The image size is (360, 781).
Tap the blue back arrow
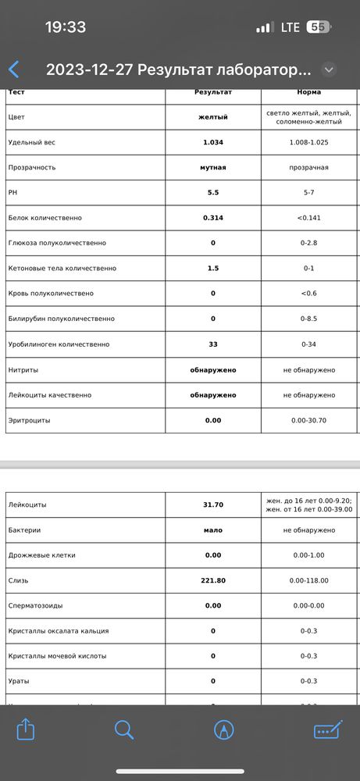[x=14, y=70]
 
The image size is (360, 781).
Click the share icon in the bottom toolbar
[x=26, y=729]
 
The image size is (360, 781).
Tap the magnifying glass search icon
[x=124, y=729]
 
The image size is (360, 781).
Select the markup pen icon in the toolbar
[x=225, y=729]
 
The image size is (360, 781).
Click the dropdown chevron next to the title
[x=329, y=70]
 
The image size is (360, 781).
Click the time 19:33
[x=66, y=27]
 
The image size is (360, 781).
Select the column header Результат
[x=213, y=92]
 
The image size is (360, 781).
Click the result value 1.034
[x=213, y=143]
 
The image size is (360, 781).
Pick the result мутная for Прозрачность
[x=213, y=168]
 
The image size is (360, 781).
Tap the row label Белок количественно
[x=45, y=218]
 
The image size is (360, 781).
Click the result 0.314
[x=213, y=218]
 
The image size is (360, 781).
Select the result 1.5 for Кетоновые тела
[x=213, y=269]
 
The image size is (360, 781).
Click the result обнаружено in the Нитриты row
[x=213, y=370]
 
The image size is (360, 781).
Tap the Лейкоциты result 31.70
[x=213, y=505]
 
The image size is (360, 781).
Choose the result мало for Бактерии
[x=213, y=530]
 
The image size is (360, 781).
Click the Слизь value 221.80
[x=213, y=581]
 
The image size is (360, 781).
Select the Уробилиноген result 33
[x=213, y=344]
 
